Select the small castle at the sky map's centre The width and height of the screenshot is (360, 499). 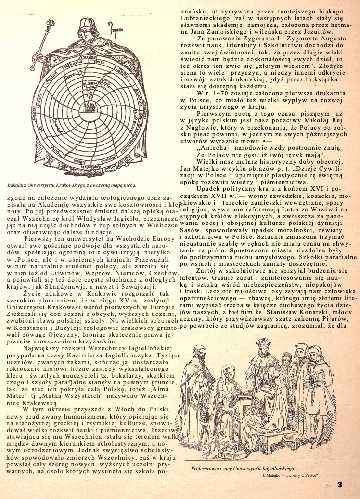89,106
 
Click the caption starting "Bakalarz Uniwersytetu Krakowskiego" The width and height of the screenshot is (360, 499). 72,184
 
